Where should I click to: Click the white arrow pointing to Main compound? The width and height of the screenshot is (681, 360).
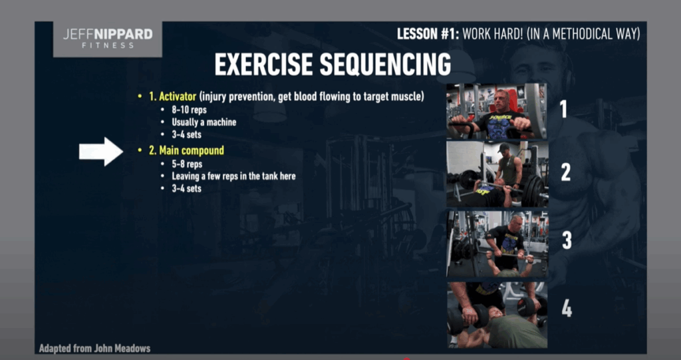101,152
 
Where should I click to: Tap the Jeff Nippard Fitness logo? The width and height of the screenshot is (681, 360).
108,39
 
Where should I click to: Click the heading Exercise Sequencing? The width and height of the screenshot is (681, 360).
333,65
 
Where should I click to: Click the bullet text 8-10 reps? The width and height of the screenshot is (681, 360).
189,110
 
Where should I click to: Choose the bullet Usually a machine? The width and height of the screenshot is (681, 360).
204,122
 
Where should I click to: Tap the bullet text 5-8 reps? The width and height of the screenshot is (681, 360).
187,164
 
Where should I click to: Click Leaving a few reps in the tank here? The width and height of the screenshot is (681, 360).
233,176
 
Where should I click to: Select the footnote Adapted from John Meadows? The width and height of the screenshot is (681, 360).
94,348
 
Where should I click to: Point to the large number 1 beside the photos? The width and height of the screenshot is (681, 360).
564,109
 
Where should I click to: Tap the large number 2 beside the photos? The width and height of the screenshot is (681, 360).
565,172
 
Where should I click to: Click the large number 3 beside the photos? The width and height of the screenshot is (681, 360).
567,240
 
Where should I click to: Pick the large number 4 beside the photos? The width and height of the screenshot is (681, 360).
567,308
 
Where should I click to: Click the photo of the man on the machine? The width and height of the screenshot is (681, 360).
497,111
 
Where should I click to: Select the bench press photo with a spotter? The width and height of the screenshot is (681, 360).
497,174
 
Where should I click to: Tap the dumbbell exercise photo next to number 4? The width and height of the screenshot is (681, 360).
497,315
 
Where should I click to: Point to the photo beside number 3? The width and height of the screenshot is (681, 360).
497,244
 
